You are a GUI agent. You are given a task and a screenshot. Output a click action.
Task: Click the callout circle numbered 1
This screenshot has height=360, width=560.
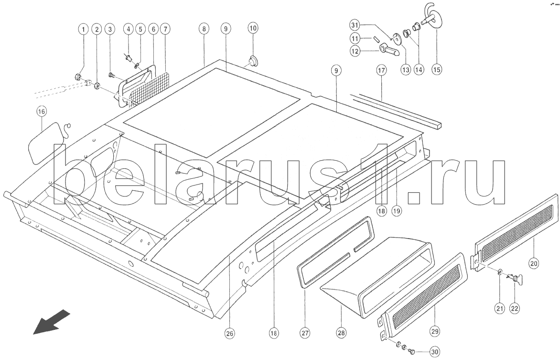coord(84,29)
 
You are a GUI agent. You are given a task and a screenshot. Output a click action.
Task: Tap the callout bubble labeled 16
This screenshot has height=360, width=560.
coord(42,111)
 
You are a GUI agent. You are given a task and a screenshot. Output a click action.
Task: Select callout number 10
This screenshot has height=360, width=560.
coord(252,28)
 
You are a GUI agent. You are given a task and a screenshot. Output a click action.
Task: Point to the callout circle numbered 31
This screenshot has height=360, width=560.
coord(354,25)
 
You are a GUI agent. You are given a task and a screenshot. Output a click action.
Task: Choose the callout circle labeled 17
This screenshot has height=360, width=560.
coord(381,70)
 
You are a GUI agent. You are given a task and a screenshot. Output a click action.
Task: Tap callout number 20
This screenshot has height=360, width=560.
coord(534,264)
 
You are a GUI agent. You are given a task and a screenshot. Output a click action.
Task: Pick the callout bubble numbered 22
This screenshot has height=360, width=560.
coord(515,308)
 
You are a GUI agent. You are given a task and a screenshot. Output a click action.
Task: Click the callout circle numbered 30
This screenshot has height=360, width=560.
coord(435,352)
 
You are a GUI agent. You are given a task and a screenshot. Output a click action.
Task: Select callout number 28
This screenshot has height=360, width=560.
coord(341,333)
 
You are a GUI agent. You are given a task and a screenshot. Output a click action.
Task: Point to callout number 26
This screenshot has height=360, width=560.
coord(229,334)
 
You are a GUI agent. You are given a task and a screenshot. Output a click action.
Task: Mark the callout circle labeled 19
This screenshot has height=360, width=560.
coord(397,211)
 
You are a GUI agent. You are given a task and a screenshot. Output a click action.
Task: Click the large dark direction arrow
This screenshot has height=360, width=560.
coord(52,321)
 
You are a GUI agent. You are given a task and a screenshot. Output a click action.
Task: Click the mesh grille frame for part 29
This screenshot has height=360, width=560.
coord(423,296)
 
